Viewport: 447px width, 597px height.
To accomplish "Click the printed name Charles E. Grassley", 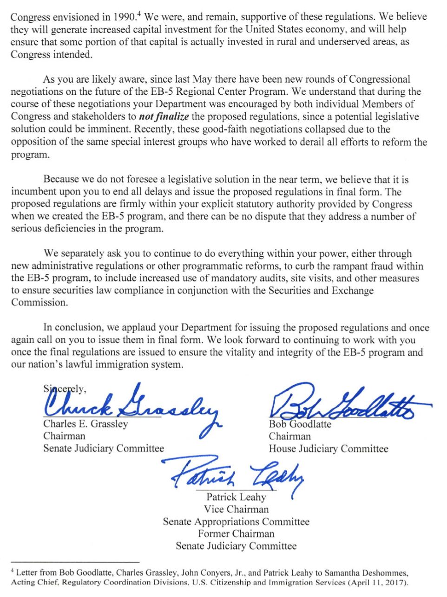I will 85,424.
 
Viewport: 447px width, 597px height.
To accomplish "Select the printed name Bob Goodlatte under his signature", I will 300,424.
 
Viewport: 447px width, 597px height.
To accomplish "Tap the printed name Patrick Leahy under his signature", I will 236,497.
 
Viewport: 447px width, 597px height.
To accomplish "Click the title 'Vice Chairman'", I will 236,509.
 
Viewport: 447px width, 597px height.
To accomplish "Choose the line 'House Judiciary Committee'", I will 328,449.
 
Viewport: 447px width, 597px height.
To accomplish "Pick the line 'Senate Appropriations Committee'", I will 236,522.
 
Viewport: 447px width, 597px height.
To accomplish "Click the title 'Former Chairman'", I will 236,534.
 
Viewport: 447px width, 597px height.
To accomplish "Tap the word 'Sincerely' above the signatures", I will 65,389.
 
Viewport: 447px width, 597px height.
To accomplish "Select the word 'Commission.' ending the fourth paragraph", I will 39,303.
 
